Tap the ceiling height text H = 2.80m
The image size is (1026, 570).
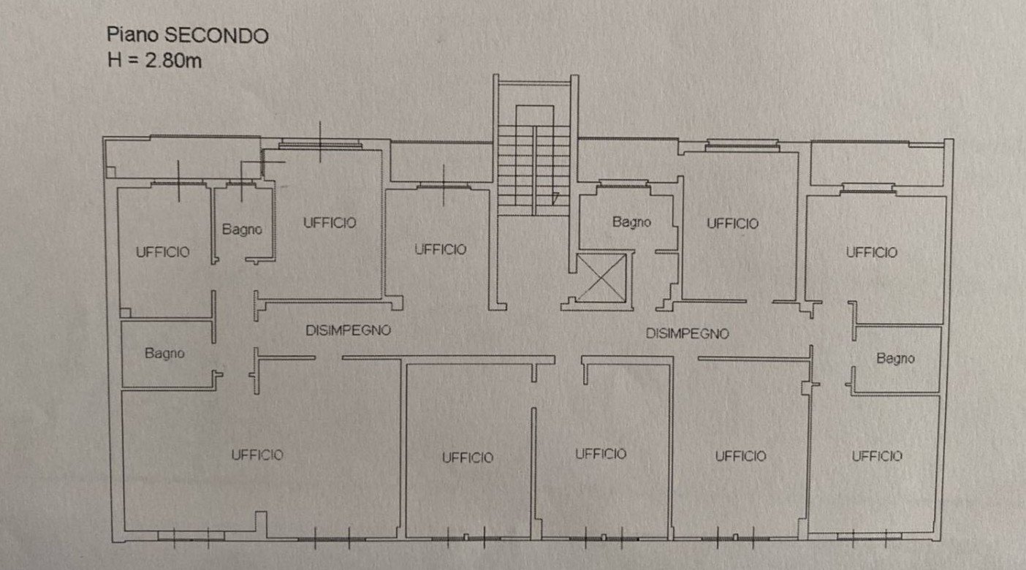point(154,60)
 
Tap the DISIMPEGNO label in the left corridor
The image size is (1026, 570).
point(348,330)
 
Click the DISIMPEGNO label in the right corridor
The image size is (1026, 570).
point(687,334)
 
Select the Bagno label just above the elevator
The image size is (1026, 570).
point(631,222)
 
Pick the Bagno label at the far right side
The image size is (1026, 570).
point(895,359)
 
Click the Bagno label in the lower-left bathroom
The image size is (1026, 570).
point(164,354)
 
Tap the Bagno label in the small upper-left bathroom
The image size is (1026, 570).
point(242,229)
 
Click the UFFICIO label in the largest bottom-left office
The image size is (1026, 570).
point(257,455)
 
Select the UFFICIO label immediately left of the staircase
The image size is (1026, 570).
point(440,249)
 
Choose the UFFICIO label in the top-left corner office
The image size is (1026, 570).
point(162,252)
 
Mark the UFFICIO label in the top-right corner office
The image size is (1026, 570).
point(871,252)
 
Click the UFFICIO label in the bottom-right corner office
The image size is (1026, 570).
point(876,456)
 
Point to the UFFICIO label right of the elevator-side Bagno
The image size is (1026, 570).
point(732,224)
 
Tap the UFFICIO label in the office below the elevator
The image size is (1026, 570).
point(600,454)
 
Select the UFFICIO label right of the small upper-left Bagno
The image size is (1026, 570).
point(330,222)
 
